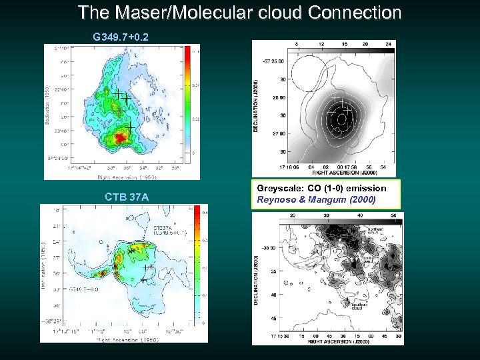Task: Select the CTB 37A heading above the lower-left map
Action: click(x=127, y=197)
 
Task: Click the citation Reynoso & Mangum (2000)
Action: click(x=316, y=199)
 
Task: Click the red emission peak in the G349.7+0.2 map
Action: click(x=120, y=137)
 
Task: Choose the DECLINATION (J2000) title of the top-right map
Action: click(x=256, y=107)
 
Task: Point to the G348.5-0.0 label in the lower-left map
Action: click(x=84, y=289)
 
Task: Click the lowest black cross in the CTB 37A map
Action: click(x=143, y=280)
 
